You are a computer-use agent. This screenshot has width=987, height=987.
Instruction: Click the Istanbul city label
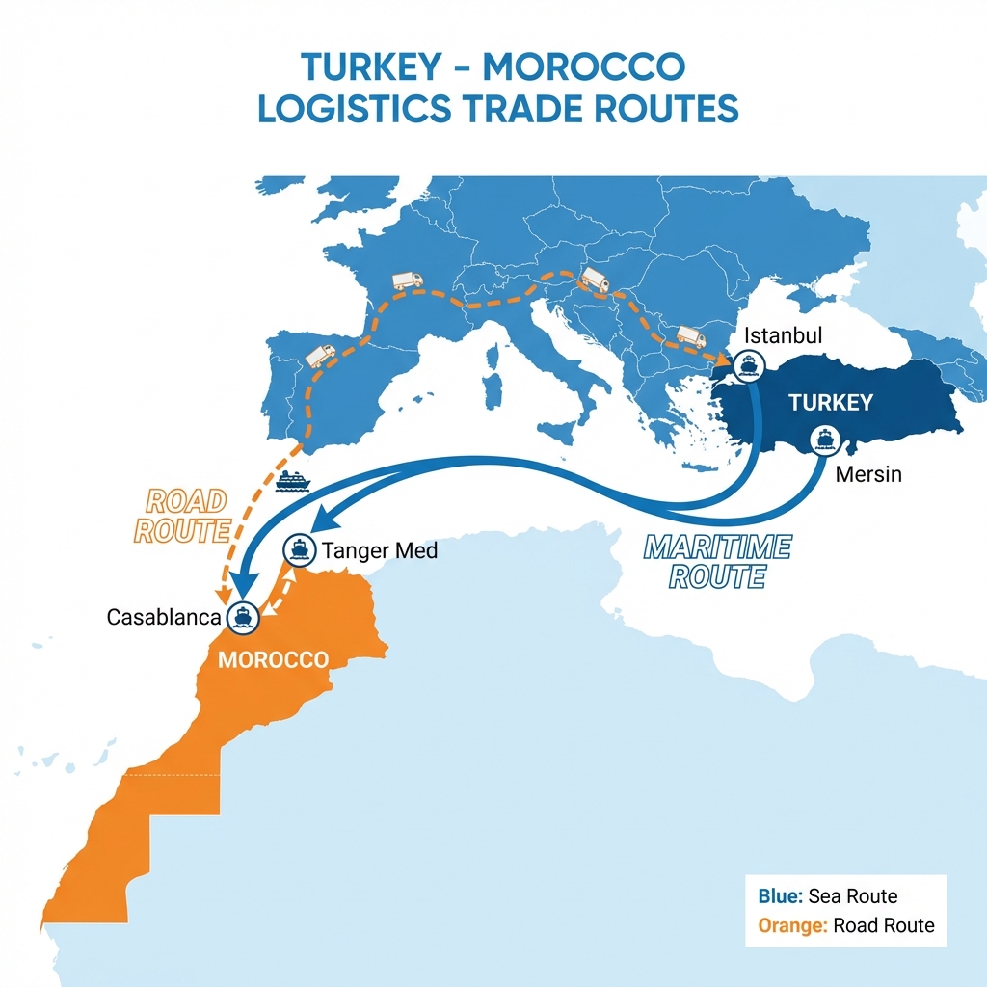point(783,337)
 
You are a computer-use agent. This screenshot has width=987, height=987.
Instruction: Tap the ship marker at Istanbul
point(747,365)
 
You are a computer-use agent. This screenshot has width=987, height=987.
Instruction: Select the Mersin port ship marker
point(824,439)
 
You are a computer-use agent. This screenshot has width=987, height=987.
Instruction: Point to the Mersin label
point(868,474)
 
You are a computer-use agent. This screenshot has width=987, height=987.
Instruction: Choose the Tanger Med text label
point(380,551)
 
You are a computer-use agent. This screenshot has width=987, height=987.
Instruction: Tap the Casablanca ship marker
point(240,616)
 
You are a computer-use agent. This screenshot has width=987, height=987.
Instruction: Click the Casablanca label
point(164,617)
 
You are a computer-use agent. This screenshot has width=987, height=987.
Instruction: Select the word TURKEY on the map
point(830,403)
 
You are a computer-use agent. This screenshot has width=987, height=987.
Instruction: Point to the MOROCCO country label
point(273,660)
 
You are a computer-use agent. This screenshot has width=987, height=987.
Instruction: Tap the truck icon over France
point(407,280)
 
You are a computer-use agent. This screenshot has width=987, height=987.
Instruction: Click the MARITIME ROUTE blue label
point(716,562)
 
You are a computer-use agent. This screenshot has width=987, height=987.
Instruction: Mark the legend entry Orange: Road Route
point(845,925)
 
